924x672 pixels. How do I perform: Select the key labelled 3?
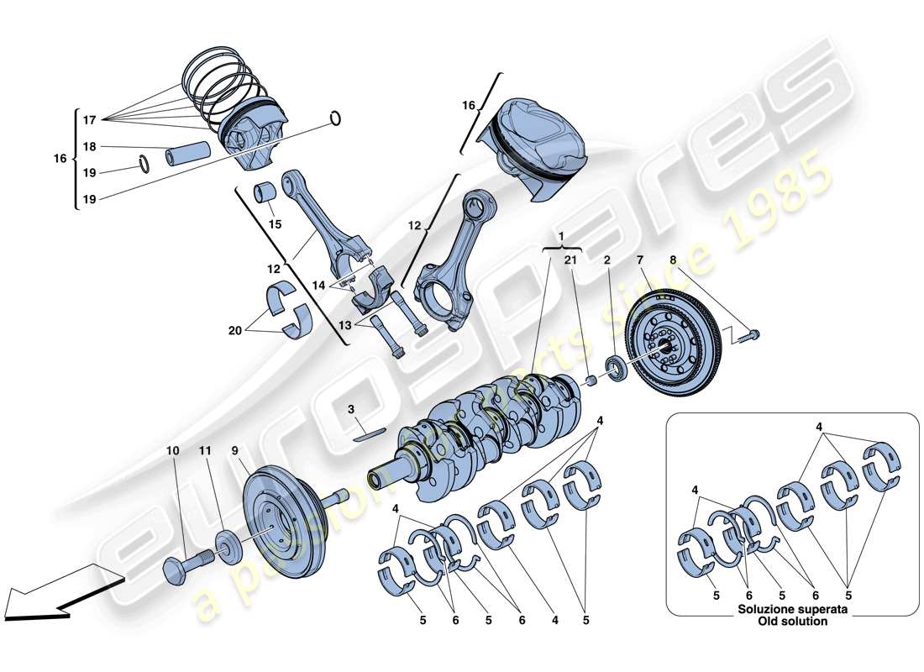[x=368, y=433]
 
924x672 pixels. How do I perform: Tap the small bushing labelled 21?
[x=591, y=381]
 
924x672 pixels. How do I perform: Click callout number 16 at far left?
[x=59, y=158]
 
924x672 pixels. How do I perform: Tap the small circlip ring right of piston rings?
[x=336, y=118]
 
